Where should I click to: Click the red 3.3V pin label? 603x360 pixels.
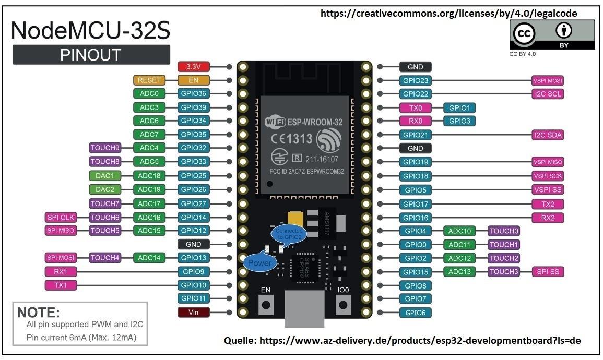(x=194, y=67)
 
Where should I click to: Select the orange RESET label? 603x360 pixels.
(x=149, y=80)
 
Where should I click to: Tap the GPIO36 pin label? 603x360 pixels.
(x=194, y=93)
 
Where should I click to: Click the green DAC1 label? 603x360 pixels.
(x=105, y=176)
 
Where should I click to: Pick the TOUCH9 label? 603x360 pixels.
(x=105, y=148)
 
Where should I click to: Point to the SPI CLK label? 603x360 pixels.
(x=61, y=218)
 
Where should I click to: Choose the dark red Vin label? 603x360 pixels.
(x=194, y=312)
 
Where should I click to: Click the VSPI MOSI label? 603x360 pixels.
(x=548, y=81)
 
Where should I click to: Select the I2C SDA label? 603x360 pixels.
(x=548, y=135)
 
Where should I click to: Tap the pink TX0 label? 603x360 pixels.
(x=416, y=108)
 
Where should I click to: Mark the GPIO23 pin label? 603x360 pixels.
(x=416, y=81)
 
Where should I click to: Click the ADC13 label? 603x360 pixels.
(x=459, y=272)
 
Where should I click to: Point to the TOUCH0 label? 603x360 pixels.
(x=504, y=231)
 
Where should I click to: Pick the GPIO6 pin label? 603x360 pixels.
(x=416, y=313)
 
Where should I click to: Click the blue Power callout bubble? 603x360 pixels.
(x=260, y=262)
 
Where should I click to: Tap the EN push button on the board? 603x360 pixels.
(x=266, y=305)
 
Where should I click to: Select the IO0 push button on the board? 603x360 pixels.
(x=343, y=305)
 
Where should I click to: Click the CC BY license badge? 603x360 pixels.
(x=552, y=34)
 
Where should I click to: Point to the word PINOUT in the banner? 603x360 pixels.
(x=91, y=55)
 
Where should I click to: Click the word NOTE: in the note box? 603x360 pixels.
(x=39, y=313)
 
